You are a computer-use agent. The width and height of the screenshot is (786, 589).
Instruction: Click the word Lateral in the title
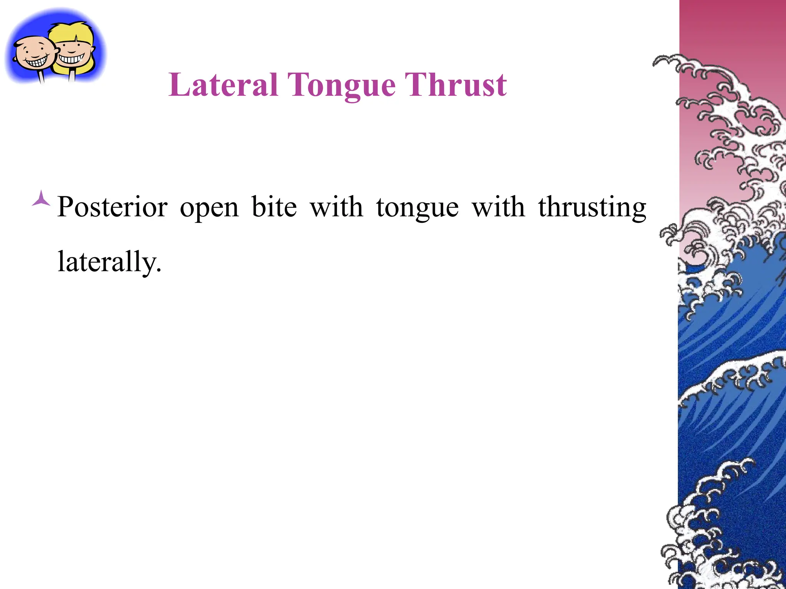[x=223, y=85]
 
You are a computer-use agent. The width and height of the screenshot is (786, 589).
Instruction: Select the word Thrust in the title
[x=456, y=85]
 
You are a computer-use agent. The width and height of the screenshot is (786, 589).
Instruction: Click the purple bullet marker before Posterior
[x=41, y=199]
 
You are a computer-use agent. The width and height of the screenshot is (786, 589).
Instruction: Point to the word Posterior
[x=112, y=207]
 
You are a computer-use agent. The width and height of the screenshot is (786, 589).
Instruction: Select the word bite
[x=274, y=207]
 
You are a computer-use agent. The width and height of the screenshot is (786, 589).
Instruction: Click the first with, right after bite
[x=336, y=207]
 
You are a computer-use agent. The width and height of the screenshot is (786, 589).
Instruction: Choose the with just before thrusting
[x=498, y=207]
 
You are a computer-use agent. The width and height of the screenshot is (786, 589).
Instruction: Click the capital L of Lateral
[x=179, y=85]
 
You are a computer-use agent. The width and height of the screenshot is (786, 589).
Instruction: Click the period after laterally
[x=159, y=271]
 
